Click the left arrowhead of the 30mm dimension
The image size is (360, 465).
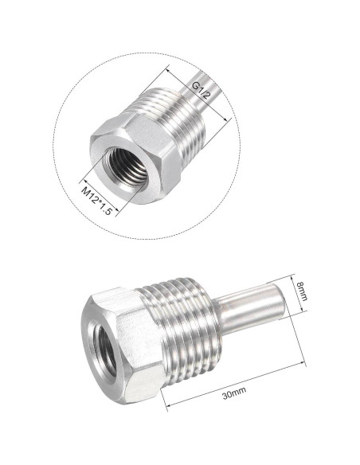pyautogui.click(x=168, y=407)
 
